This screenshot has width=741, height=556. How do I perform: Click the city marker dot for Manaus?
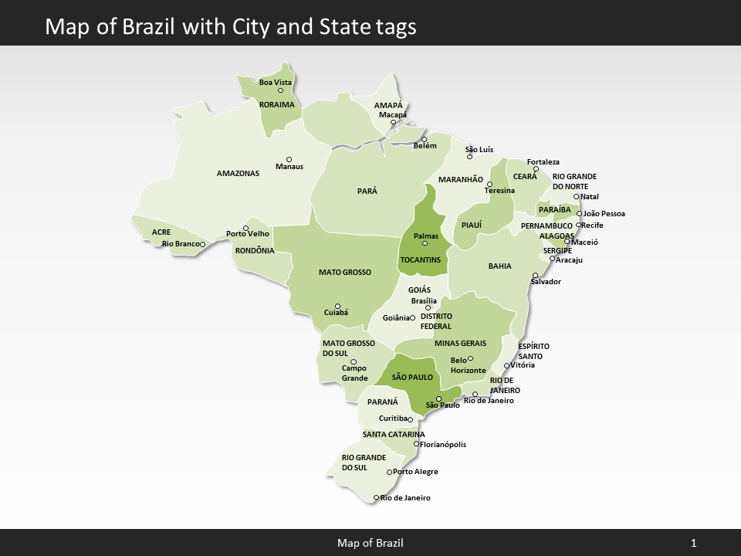(289, 160)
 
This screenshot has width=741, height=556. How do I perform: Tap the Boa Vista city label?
(275, 82)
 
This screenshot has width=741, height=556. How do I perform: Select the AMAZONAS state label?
(238, 174)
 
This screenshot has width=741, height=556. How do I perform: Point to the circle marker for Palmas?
(425, 243)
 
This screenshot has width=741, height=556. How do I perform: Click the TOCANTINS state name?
(420, 259)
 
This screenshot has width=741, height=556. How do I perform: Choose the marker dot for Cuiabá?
(337, 306)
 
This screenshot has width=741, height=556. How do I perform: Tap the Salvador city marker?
(535, 275)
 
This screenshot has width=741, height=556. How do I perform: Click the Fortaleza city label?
(543, 162)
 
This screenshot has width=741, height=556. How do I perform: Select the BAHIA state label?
(499, 266)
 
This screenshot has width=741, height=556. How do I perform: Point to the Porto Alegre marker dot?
(389, 472)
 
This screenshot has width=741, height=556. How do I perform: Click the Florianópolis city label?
(443, 445)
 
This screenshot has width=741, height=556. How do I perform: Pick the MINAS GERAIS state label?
(460, 343)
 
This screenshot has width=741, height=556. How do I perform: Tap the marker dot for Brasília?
(428, 307)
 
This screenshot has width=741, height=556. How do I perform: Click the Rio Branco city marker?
(202, 245)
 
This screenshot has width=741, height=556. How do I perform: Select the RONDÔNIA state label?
(254, 250)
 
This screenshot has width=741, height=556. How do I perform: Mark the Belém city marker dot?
(424, 140)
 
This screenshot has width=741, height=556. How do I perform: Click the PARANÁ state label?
(382, 402)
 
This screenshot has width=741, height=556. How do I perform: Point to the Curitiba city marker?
(410, 419)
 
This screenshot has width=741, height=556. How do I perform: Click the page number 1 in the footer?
(693, 544)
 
